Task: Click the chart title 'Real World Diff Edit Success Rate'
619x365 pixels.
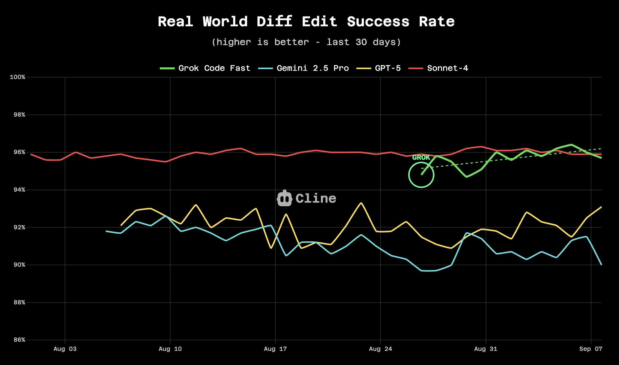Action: pyautogui.click(x=306, y=22)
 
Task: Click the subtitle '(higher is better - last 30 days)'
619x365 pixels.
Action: pyautogui.click(x=306, y=42)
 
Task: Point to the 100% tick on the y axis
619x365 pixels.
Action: pyautogui.click(x=18, y=77)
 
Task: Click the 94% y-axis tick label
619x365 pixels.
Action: pyautogui.click(x=19, y=190)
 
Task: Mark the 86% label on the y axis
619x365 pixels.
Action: pyautogui.click(x=19, y=340)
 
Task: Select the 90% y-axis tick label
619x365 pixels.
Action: pyautogui.click(x=19, y=265)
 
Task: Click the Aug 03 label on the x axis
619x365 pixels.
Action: pyautogui.click(x=65, y=349)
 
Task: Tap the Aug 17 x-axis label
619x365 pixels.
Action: pyautogui.click(x=275, y=349)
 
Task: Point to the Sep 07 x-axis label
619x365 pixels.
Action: pyautogui.click(x=591, y=349)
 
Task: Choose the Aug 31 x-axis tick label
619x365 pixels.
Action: pyautogui.click(x=486, y=349)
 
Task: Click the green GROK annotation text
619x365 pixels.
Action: pyautogui.click(x=421, y=157)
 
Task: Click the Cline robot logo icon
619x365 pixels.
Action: pyautogui.click(x=284, y=198)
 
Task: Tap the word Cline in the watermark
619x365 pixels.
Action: pyautogui.click(x=316, y=199)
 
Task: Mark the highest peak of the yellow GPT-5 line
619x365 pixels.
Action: pyautogui.click(x=361, y=203)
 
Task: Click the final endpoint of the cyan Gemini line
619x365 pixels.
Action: pyautogui.click(x=601, y=265)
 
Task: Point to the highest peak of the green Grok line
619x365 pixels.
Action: pyautogui.click(x=572, y=145)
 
